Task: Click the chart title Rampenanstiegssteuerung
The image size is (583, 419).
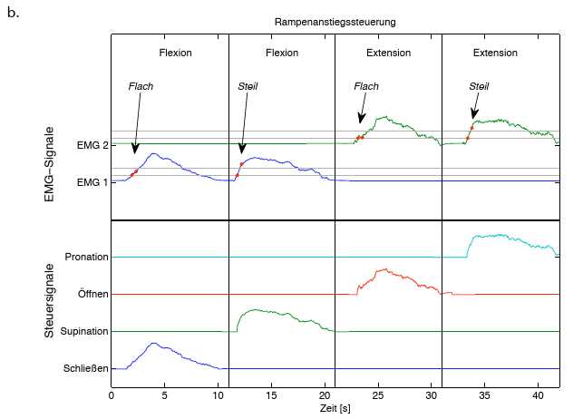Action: click(335, 21)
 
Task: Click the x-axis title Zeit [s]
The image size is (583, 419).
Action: click(335, 410)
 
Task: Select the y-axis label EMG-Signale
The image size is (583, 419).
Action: click(51, 162)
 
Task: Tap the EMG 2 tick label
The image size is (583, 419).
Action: click(92, 145)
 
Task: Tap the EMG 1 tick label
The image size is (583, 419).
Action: click(92, 182)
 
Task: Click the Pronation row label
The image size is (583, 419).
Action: click(87, 258)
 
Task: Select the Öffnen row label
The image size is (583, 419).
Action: click(92, 295)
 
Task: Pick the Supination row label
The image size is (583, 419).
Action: click(84, 332)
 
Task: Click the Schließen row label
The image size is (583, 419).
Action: click(86, 369)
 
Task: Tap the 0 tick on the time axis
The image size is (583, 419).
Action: click(111, 396)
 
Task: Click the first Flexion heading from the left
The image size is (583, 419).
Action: click(175, 53)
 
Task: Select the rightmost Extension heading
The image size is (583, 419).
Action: click(495, 53)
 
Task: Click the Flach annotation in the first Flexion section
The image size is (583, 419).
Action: click(141, 86)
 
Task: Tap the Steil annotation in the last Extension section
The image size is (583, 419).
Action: click(479, 86)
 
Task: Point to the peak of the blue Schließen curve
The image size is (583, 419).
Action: click(154, 344)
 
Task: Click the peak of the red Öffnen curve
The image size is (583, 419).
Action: click(386, 268)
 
